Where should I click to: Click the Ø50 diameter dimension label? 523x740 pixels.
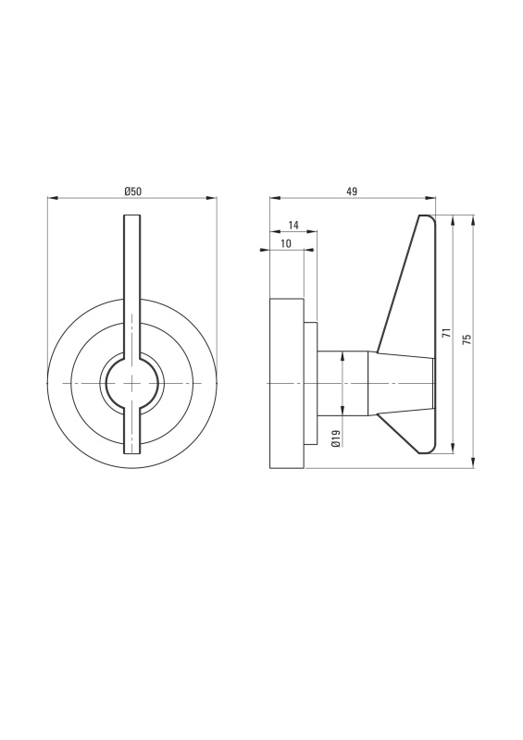(x=132, y=191)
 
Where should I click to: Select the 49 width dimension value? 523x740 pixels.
(x=352, y=191)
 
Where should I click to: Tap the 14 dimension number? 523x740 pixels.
(x=293, y=225)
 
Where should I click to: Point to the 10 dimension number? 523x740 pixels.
(x=286, y=243)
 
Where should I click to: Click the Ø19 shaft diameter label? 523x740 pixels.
(x=336, y=438)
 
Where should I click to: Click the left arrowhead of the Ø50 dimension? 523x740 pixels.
(x=52, y=199)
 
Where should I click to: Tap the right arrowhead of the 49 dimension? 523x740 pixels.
(x=430, y=199)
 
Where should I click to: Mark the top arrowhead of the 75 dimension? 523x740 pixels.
(x=473, y=220)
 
